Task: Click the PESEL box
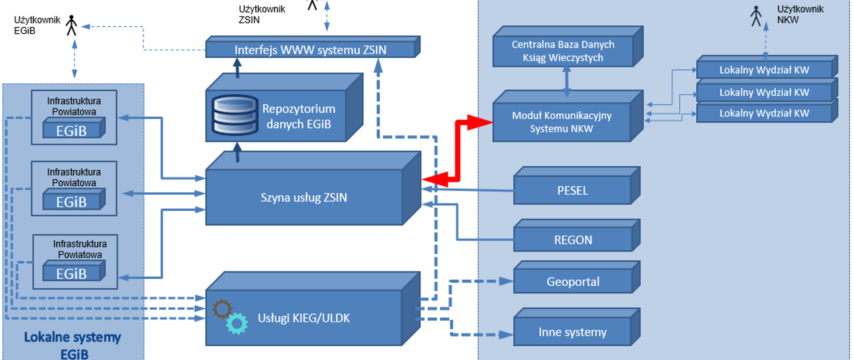tap(572, 191)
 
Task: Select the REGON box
tap(573, 240)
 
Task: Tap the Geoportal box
tap(573, 282)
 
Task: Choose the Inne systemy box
tap(572, 332)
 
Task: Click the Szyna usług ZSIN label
tap(304, 197)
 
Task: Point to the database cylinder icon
tap(235, 115)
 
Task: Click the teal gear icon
tap(237, 324)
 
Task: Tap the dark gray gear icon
tap(222, 309)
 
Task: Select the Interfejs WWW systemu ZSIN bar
tap(310, 49)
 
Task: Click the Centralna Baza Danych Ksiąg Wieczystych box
tap(563, 51)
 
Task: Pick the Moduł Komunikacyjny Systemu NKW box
tap(562, 122)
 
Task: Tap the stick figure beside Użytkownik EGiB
tap(72, 25)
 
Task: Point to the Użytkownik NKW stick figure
tap(756, 16)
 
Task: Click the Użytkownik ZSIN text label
tap(262, 14)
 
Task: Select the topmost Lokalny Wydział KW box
tap(764, 70)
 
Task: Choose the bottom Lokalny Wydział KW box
tap(764, 113)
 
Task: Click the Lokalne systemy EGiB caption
tap(72, 345)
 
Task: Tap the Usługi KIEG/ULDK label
tap(304, 318)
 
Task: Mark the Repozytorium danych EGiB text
tap(299, 116)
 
